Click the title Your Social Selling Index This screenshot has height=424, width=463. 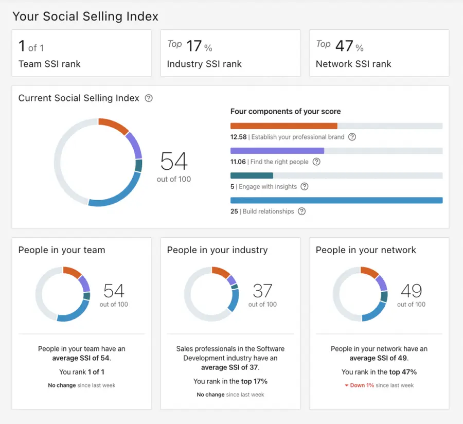[x=85, y=16]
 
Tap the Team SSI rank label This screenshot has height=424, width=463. [x=49, y=64]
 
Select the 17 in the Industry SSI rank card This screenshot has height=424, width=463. [x=194, y=46]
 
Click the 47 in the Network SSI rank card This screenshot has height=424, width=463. [x=344, y=46]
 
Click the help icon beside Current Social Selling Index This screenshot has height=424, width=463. [x=149, y=98]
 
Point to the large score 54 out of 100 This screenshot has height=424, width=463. [x=174, y=162]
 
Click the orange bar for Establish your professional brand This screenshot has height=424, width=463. [x=283, y=126]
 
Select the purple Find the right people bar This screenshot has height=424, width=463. [x=277, y=151]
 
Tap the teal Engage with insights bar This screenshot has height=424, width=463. [x=252, y=175]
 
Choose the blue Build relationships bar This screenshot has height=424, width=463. [x=336, y=200]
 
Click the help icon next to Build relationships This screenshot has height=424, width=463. [x=302, y=211]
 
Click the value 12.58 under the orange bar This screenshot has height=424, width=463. [x=238, y=137]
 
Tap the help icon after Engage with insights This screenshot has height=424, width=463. [x=305, y=187]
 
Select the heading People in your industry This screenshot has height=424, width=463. [x=217, y=250]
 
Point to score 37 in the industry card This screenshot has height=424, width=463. [x=262, y=291]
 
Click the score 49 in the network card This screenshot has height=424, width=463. [x=411, y=291]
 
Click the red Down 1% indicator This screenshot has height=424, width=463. [x=361, y=385]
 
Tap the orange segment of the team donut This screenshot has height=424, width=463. [x=72, y=272]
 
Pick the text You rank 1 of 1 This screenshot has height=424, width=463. [x=81, y=372]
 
